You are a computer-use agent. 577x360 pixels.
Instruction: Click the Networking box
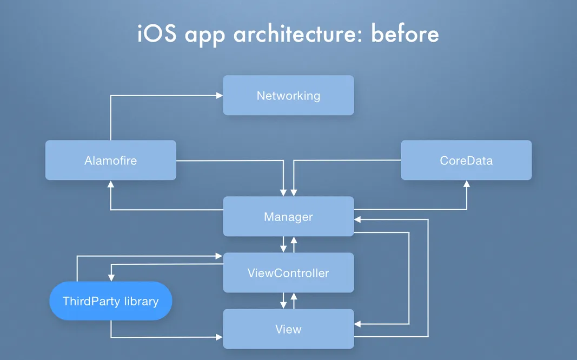click(x=288, y=95)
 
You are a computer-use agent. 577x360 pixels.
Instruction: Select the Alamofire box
click(x=110, y=160)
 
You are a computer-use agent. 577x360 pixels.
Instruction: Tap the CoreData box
click(x=466, y=160)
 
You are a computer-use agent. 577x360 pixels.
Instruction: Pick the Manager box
click(x=288, y=216)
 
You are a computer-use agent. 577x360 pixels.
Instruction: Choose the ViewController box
click(x=288, y=272)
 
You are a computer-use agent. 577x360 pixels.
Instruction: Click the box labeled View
click(x=288, y=329)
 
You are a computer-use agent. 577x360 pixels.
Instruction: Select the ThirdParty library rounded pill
click(x=110, y=301)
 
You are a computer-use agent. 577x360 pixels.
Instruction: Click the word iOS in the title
click(x=157, y=34)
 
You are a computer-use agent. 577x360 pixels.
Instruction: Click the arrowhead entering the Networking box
click(x=220, y=96)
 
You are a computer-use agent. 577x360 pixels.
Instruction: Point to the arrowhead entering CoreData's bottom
click(x=466, y=184)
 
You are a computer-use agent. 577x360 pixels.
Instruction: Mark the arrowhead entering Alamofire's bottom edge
click(x=111, y=184)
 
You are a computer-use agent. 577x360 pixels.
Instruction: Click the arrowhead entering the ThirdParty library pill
click(x=111, y=278)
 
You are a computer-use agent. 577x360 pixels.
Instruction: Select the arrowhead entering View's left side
click(x=220, y=337)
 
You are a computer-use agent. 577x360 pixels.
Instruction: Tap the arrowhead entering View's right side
click(x=358, y=324)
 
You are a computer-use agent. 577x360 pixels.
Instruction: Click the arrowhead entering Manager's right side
click(x=358, y=220)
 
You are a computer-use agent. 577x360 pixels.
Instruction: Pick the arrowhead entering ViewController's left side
click(x=220, y=256)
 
